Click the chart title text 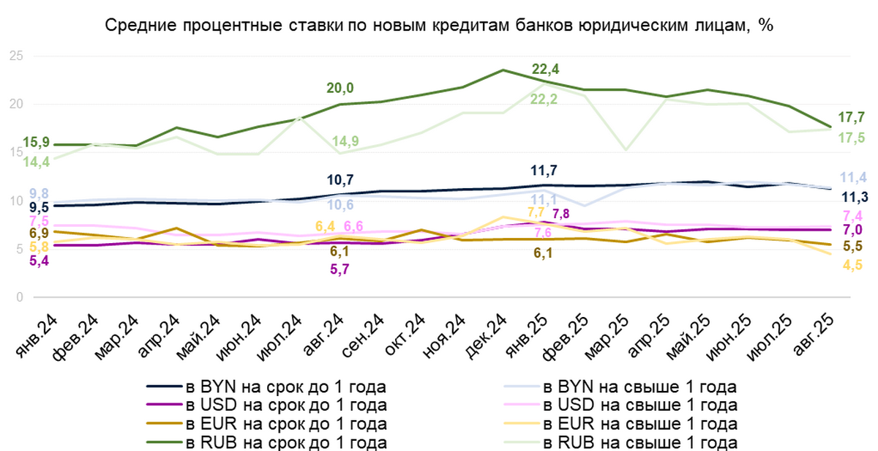tap(439, 25)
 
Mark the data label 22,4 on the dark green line tap(545, 70)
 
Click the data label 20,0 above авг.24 tap(340, 88)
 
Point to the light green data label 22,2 tap(544, 100)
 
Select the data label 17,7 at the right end tap(849, 116)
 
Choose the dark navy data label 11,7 tap(544, 171)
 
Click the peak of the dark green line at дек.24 tap(503, 70)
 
